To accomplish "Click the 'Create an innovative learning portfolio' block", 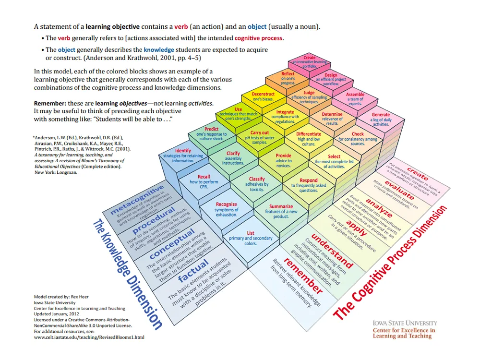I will (310, 62).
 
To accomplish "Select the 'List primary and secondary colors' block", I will (251, 238).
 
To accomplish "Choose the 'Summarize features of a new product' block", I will (281, 211).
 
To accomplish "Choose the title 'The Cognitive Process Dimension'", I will (392, 262).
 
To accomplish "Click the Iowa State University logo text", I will (405, 323).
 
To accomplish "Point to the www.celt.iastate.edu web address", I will (89, 337).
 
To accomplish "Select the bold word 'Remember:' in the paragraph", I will (49, 103).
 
